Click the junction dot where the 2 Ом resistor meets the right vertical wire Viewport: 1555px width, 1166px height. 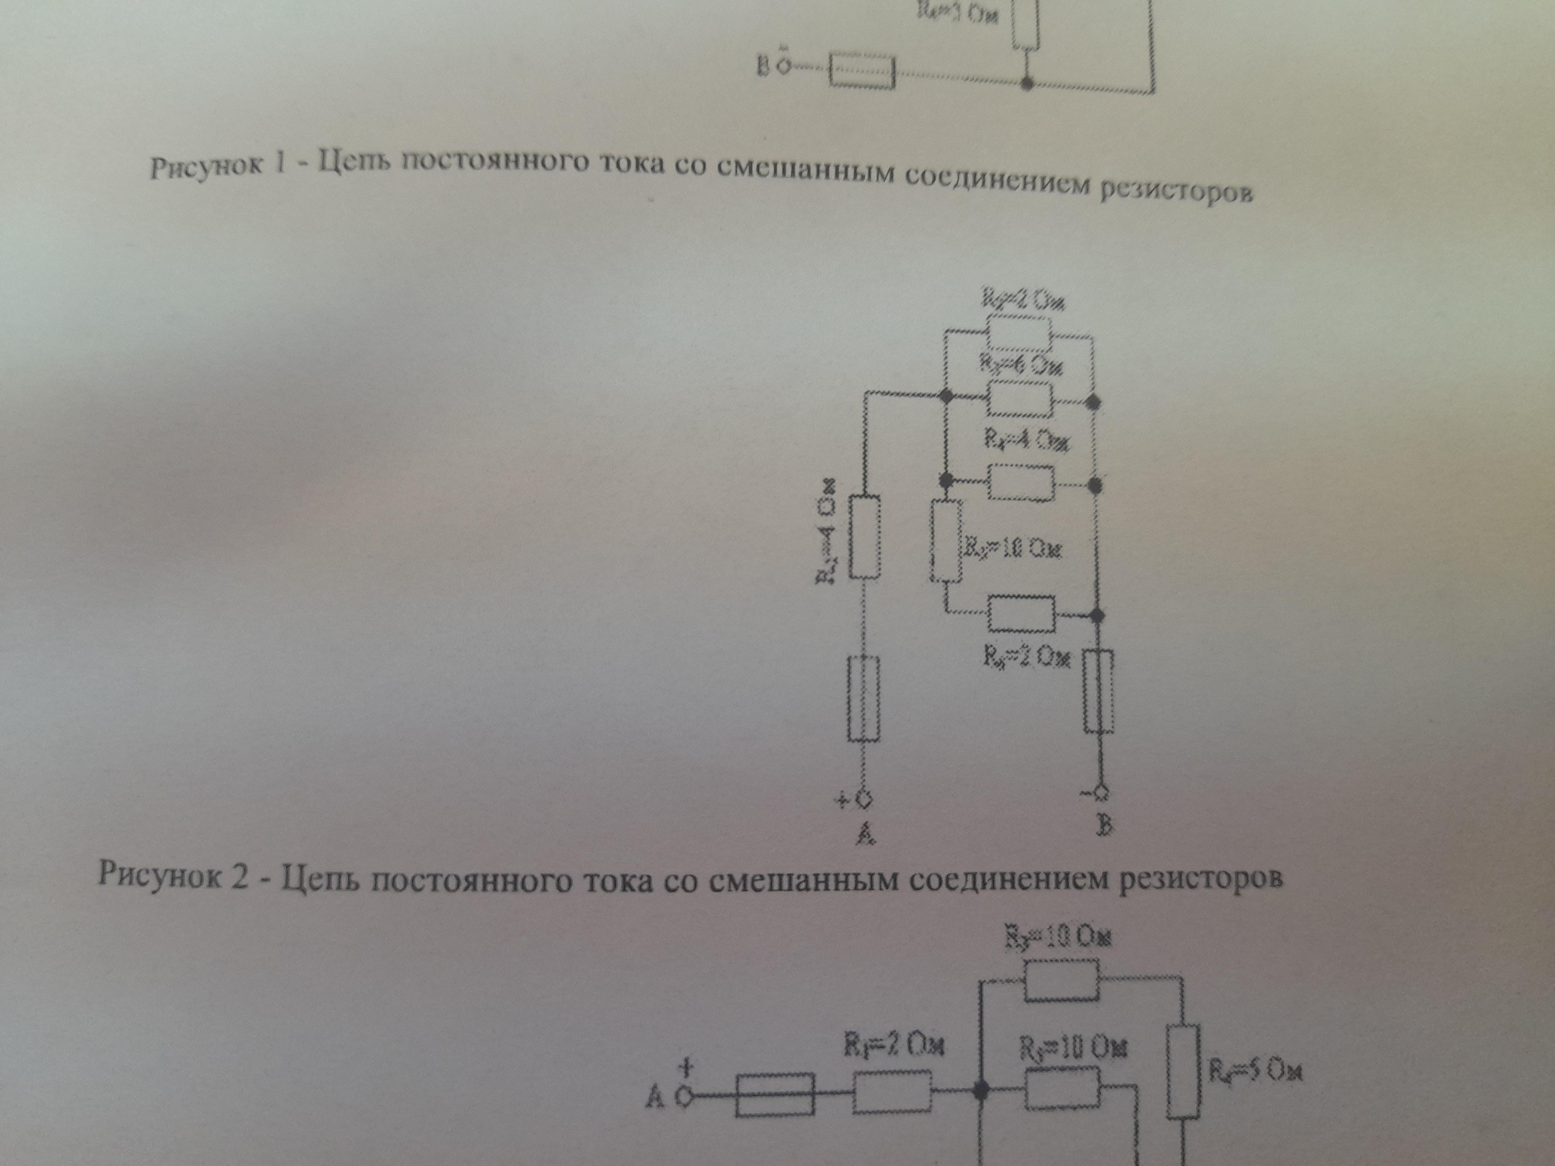(1096, 616)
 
